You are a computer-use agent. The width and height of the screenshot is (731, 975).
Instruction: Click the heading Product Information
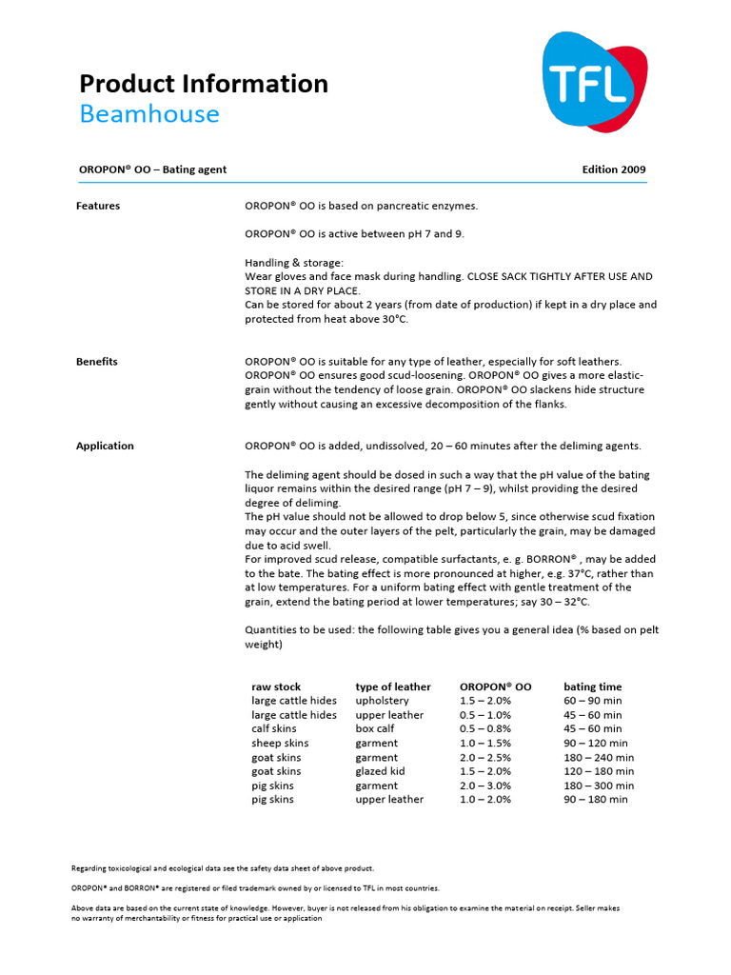click(x=203, y=84)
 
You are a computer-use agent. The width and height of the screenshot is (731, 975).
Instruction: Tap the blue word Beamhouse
click(x=148, y=114)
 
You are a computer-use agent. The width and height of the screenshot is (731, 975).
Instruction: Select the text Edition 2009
click(x=613, y=169)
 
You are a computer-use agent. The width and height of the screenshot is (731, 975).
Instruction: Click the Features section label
click(x=98, y=206)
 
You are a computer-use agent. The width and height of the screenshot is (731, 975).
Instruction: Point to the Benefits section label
click(x=97, y=362)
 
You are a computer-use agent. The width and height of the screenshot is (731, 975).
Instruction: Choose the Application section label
click(x=105, y=446)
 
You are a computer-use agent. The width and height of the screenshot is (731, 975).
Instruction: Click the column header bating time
click(x=592, y=686)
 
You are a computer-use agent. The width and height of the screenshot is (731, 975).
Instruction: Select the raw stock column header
click(x=276, y=686)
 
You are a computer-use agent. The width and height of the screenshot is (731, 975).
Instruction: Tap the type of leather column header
click(x=392, y=686)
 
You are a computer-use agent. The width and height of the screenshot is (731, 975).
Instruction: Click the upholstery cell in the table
click(x=382, y=701)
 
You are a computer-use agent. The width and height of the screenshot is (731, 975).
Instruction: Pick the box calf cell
click(x=375, y=728)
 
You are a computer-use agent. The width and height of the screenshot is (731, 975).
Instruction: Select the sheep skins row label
click(x=280, y=743)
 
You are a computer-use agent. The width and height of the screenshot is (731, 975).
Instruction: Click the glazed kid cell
click(x=380, y=771)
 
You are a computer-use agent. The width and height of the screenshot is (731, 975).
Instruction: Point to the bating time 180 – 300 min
click(x=599, y=786)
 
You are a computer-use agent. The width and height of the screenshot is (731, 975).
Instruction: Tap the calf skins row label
click(x=273, y=728)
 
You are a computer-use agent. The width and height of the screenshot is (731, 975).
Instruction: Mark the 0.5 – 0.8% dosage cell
click(x=485, y=728)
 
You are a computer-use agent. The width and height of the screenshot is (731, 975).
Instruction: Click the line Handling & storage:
click(x=294, y=262)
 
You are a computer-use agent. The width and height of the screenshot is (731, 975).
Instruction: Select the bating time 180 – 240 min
click(x=599, y=758)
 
